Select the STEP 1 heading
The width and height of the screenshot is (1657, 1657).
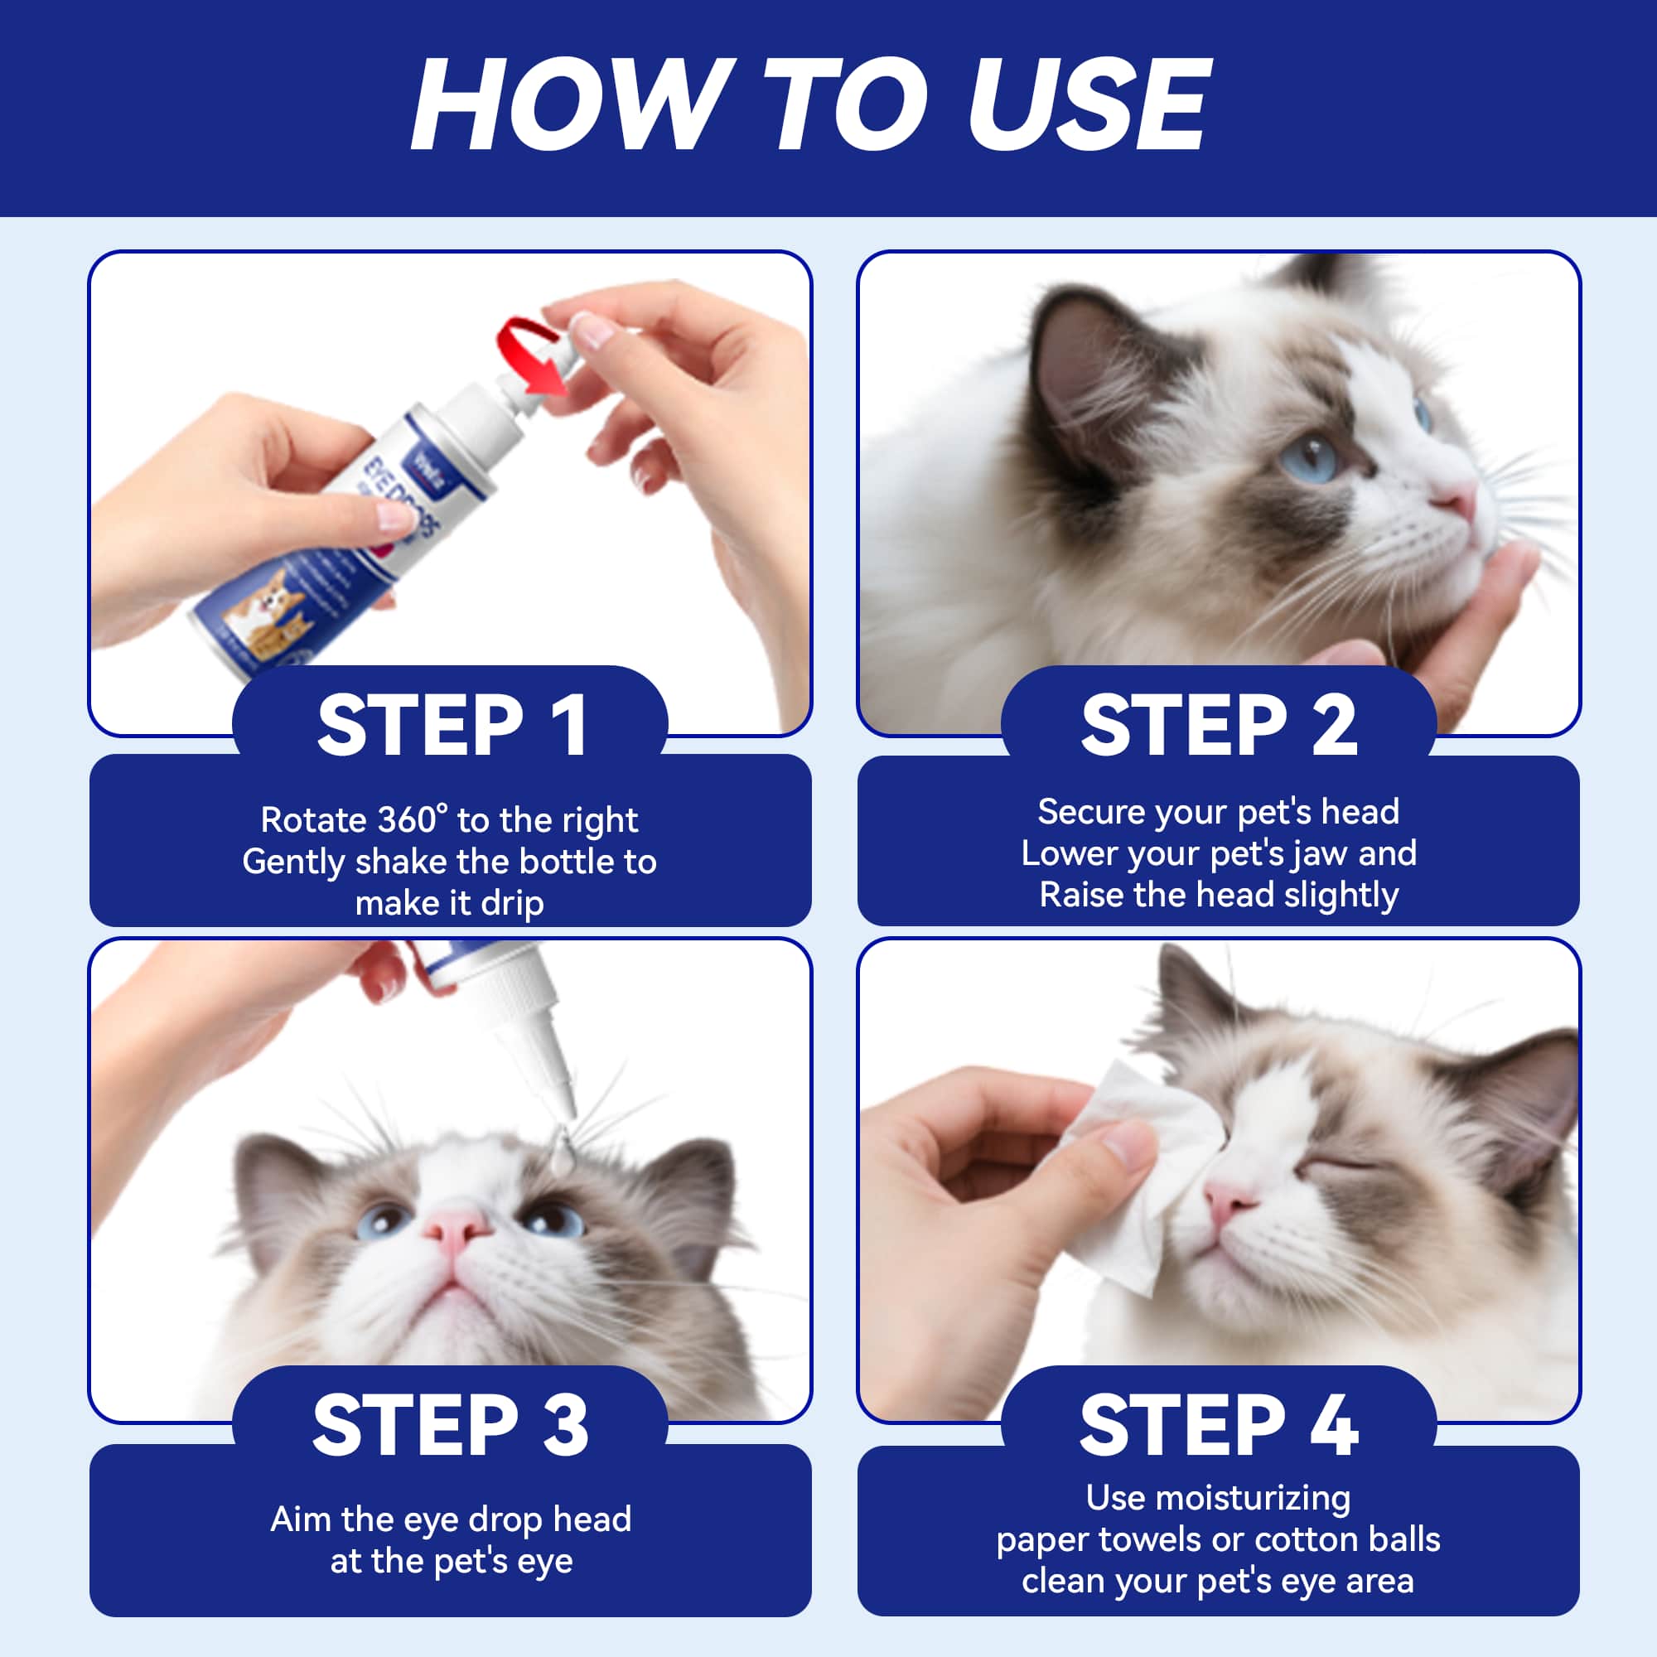tap(452, 726)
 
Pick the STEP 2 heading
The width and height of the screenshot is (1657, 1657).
tap(1219, 726)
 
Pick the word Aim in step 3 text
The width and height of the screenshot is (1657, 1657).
tap(300, 1519)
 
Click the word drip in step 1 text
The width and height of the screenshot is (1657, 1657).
tap(512, 903)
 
